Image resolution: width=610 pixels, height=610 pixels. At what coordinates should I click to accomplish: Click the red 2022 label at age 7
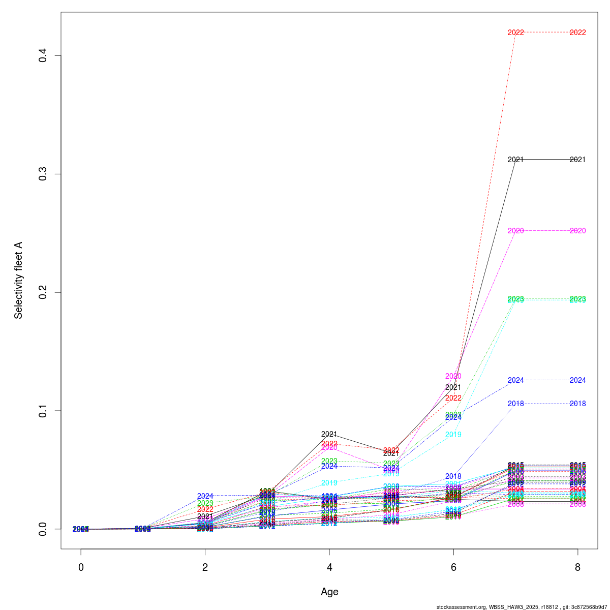[x=515, y=33]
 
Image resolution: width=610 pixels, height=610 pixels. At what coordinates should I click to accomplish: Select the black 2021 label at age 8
[x=577, y=160]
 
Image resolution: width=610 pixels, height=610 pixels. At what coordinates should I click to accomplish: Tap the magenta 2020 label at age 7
[x=515, y=231]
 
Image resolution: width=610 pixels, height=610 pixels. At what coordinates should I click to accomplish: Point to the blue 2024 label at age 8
[x=577, y=380]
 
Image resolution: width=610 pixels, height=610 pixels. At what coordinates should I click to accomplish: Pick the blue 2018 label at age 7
[x=515, y=404]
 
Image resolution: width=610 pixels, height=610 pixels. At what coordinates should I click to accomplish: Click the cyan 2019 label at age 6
[x=453, y=435]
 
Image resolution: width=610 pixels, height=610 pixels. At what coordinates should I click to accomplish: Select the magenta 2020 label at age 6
[x=453, y=376]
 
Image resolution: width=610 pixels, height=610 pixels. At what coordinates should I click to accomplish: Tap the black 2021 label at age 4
[x=329, y=434]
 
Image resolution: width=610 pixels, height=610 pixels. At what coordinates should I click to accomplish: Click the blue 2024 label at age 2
[x=205, y=496]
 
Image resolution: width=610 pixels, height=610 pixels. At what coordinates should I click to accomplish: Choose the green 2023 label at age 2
[x=205, y=503]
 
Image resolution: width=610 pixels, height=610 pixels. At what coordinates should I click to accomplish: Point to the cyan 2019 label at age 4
[x=329, y=483]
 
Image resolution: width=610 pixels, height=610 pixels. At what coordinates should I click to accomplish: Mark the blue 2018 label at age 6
[x=453, y=476]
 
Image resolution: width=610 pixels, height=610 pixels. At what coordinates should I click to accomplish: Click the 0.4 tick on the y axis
[x=43, y=55]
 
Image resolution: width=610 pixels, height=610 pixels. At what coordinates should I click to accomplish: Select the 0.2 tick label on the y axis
[x=43, y=292]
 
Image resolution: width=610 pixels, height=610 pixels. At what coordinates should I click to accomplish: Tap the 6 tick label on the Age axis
[x=453, y=567]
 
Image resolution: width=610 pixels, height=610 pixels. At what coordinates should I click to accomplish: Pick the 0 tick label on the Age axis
[x=81, y=567]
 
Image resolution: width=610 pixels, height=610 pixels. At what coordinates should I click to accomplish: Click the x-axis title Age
[x=329, y=592]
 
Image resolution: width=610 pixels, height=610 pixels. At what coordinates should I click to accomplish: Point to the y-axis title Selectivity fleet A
[x=18, y=280]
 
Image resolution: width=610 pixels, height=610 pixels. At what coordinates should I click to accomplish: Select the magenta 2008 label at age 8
[x=577, y=504]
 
